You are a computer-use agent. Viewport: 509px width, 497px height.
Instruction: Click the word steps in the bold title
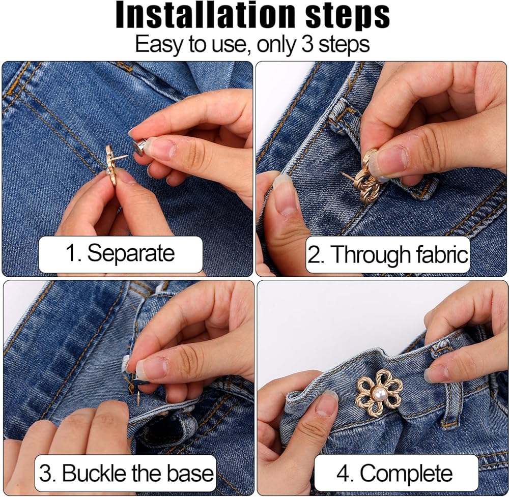click(348, 17)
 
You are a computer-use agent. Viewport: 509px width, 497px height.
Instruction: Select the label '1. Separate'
click(120, 253)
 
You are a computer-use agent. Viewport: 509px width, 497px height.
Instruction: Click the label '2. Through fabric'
click(388, 254)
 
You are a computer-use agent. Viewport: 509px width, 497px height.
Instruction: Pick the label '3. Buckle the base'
click(126, 473)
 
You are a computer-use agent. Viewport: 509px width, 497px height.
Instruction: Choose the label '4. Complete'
click(394, 473)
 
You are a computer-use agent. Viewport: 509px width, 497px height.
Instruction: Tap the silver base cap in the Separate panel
click(139, 148)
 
